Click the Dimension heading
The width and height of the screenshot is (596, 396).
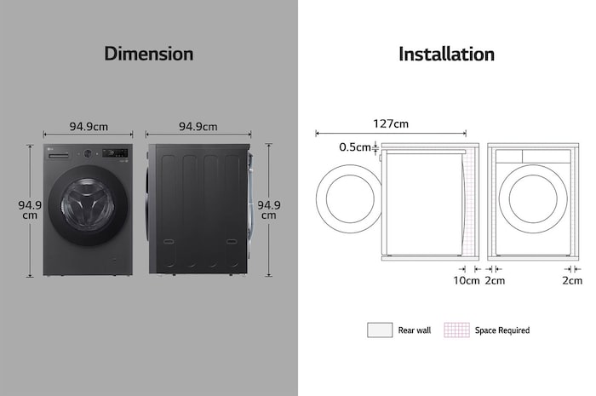click(x=149, y=54)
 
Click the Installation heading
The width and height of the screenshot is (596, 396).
click(x=447, y=54)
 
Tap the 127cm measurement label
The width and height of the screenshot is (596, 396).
click(x=391, y=123)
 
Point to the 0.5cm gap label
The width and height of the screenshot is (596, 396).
click(x=355, y=147)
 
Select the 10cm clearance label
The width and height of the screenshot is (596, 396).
click(x=467, y=281)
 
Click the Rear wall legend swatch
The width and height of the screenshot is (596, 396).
click(x=380, y=330)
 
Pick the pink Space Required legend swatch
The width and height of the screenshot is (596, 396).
click(x=456, y=330)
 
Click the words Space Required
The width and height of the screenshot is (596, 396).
click(x=502, y=330)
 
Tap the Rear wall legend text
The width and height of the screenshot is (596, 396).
click(x=415, y=330)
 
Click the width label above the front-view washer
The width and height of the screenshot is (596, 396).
click(x=89, y=127)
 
